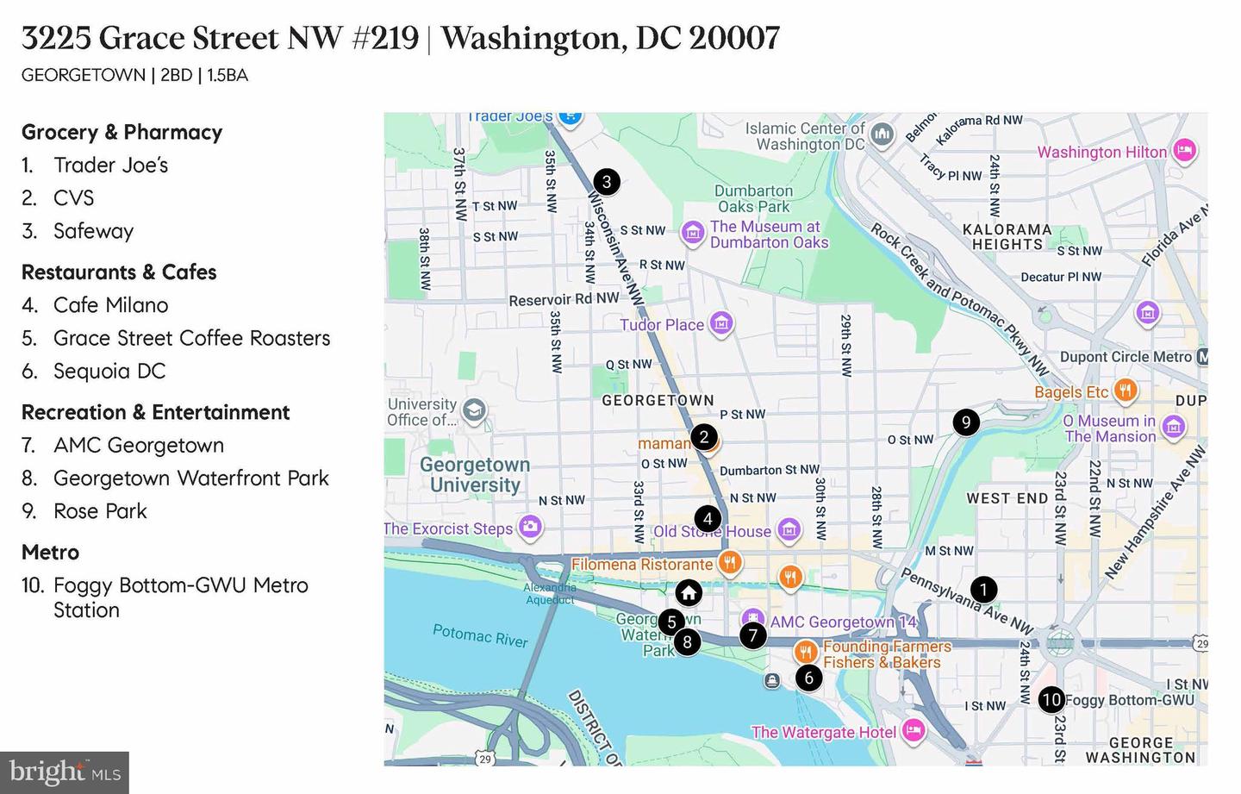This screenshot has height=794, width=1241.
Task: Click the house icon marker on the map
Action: [688, 592]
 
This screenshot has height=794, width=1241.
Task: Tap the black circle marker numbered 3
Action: [607, 181]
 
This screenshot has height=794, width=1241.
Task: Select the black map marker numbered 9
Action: [966, 422]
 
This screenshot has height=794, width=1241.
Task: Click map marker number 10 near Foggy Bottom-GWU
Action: [1051, 699]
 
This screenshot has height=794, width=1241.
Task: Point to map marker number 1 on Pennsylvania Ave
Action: [983, 590]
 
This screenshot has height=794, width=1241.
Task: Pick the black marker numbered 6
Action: [808, 678]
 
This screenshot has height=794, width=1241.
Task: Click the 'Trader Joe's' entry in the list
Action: [110, 165]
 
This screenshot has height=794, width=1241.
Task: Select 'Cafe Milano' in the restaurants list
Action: [110, 305]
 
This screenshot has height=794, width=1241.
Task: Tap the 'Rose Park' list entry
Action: [100, 511]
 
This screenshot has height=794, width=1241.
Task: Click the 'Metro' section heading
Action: [50, 552]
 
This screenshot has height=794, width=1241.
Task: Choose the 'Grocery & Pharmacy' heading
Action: [122, 132]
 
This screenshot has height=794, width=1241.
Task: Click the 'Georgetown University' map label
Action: [475, 474]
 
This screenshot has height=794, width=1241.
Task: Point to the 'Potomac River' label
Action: [480, 636]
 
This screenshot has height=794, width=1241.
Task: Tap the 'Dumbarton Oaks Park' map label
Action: [753, 198]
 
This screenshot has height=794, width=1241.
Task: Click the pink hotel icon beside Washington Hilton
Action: [1185, 150]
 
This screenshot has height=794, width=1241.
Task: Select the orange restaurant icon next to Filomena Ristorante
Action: [730, 563]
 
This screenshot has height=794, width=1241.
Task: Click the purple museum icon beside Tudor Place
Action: [721, 324]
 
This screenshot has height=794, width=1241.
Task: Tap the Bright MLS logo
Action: [65, 772]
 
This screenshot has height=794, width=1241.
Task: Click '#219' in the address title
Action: [385, 38]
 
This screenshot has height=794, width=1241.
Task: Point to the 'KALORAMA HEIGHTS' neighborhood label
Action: [1007, 236]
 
